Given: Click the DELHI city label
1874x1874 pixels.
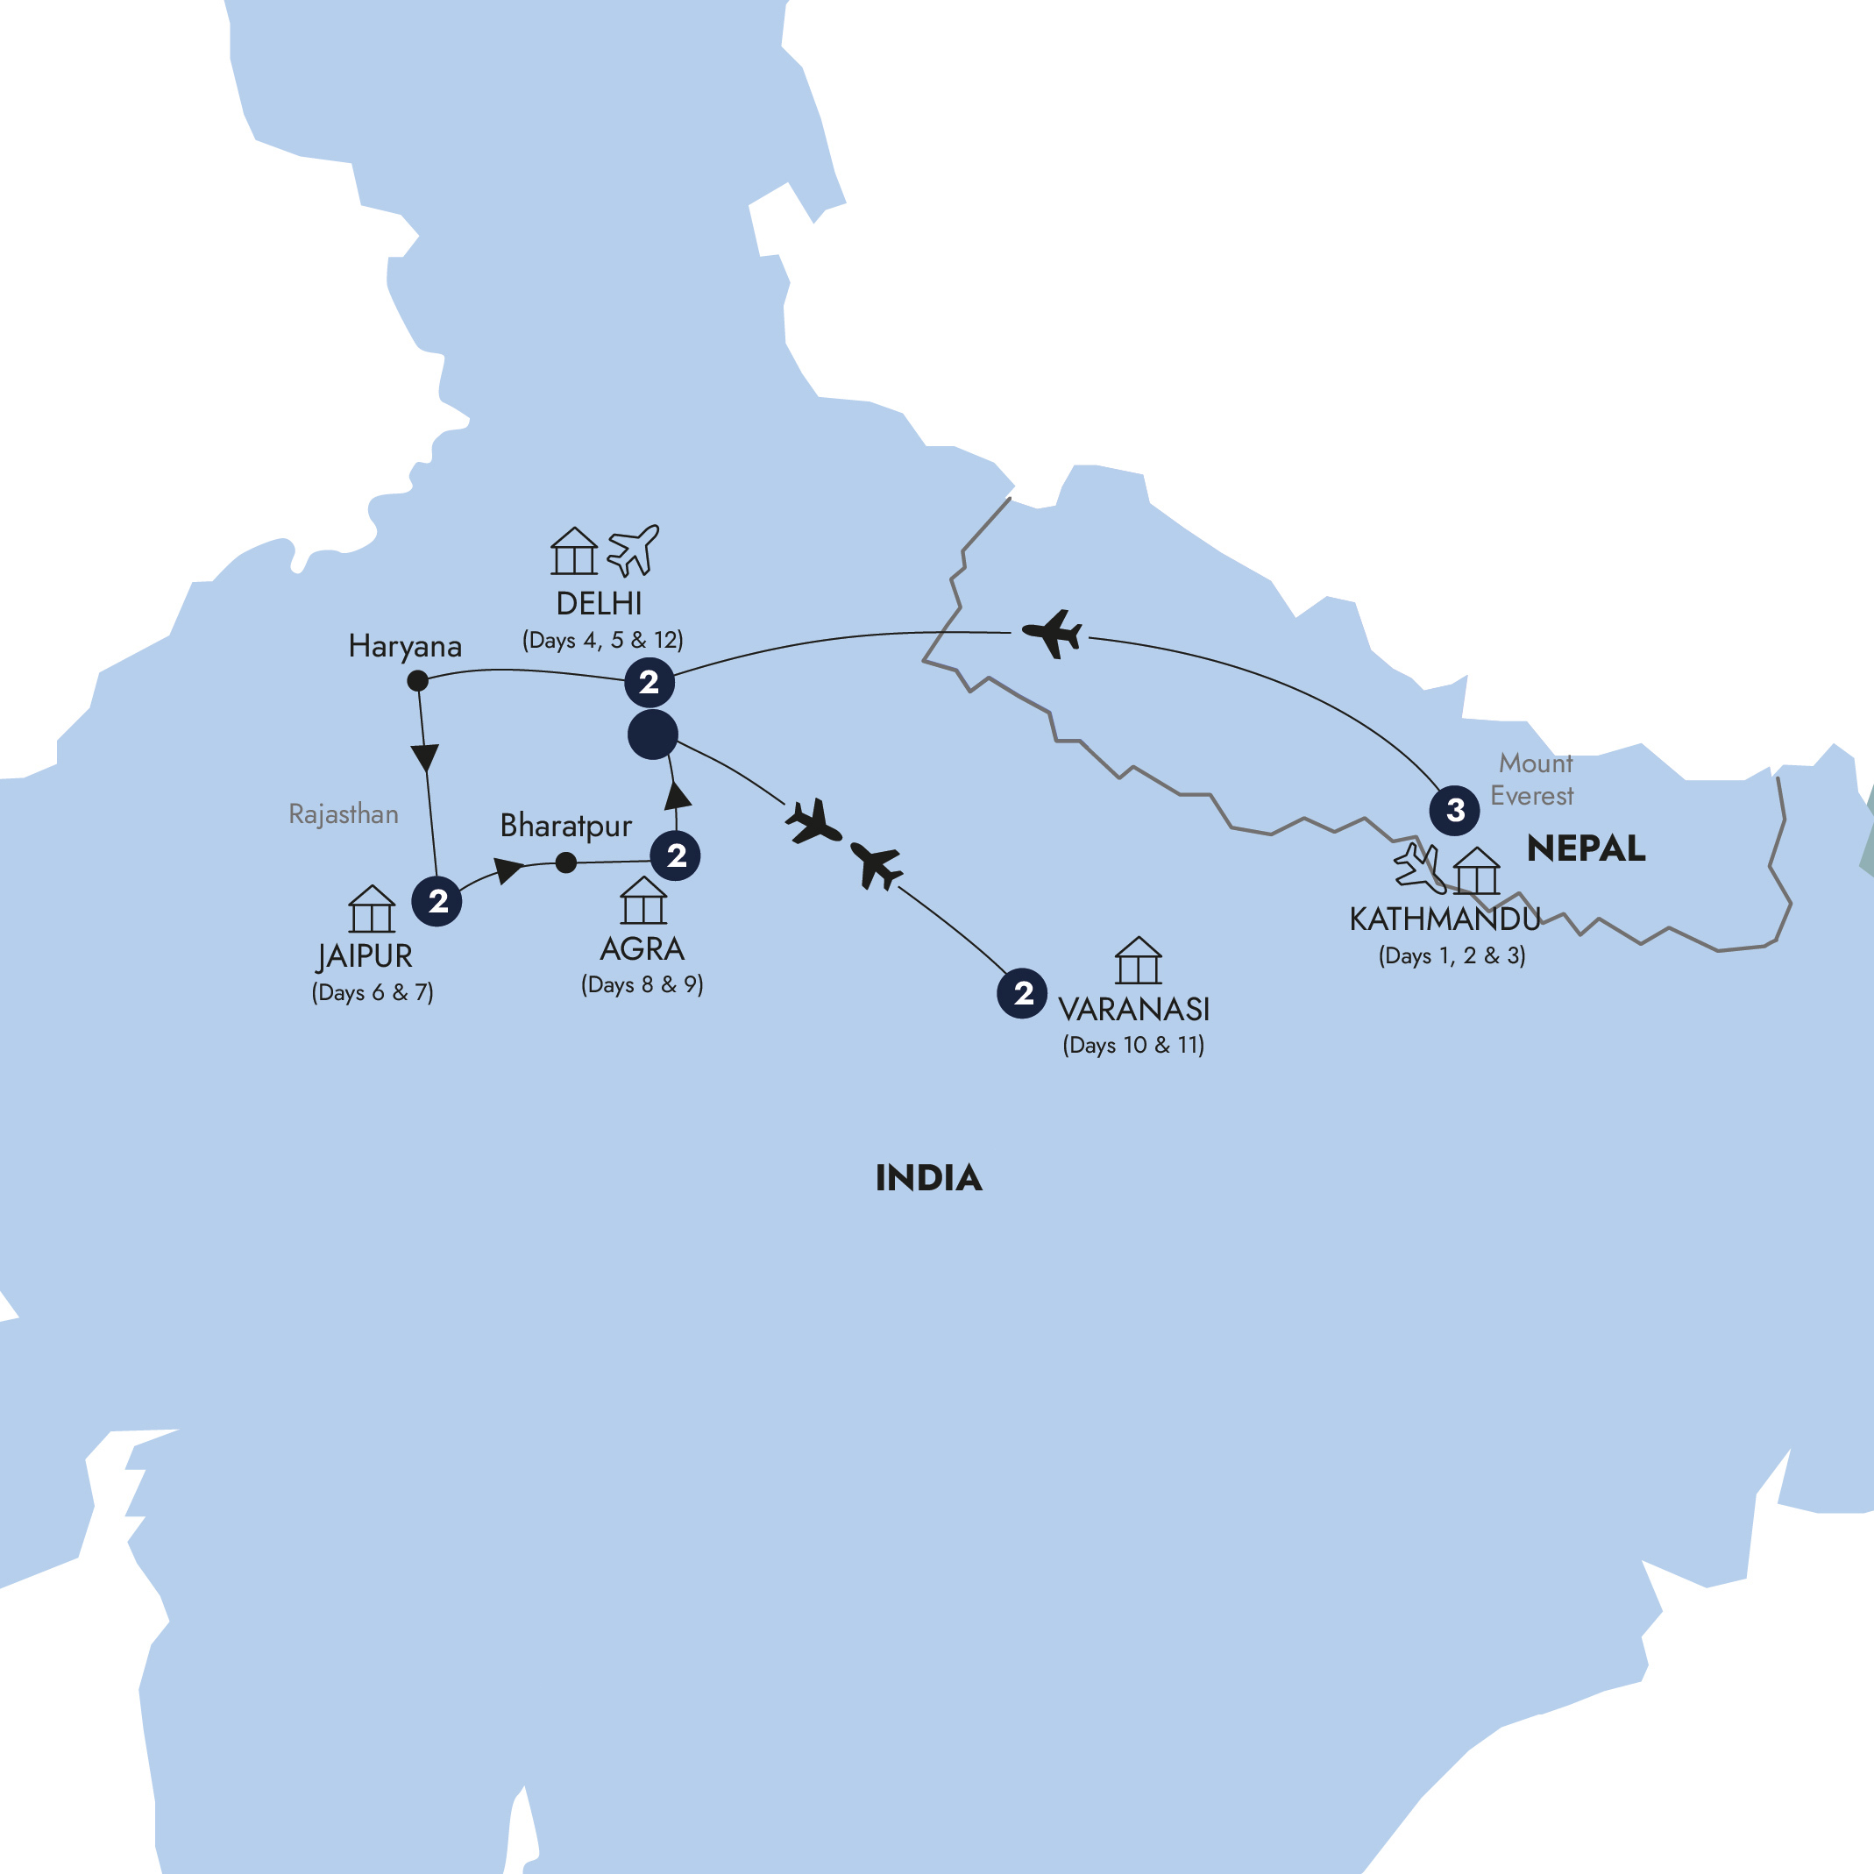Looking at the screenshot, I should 599,603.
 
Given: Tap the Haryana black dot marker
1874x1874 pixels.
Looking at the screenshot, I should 417,681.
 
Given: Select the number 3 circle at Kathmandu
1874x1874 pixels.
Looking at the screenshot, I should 1454,810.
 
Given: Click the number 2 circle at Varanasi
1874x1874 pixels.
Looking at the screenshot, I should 1022,993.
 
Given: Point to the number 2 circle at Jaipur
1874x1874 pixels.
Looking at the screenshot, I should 437,901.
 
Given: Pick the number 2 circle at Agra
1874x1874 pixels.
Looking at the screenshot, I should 676,855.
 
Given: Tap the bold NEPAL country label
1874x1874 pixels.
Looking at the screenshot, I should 1585,848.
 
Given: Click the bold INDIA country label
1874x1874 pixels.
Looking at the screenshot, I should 928,1177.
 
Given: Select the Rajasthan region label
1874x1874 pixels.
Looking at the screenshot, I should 344,813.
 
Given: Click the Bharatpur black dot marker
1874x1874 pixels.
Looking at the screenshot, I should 566,862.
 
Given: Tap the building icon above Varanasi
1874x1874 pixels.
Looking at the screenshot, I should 1138,961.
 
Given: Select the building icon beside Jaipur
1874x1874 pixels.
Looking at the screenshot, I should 372,909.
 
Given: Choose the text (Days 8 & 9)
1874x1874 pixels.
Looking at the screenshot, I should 642,984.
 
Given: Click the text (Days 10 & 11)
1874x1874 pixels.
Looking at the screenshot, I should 1133,1045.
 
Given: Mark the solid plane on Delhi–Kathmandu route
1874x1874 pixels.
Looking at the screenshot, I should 1054,634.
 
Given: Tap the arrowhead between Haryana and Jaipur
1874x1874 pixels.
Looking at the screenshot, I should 425,756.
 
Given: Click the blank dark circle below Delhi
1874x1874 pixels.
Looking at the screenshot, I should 653,735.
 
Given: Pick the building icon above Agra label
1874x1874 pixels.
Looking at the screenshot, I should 643,900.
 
